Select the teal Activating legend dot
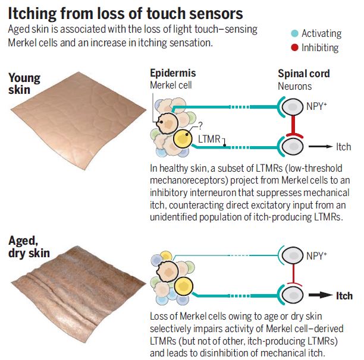pyautogui.click(x=293, y=34)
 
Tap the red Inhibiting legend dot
pyautogui.click(x=293, y=48)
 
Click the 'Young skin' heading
pyautogui.click(x=25, y=83)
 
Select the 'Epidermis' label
pyautogui.click(x=172, y=74)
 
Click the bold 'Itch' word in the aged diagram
pyautogui.click(x=344, y=296)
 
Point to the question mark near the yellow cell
pyautogui.click(x=200, y=125)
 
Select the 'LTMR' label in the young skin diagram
pyautogui.click(x=209, y=140)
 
